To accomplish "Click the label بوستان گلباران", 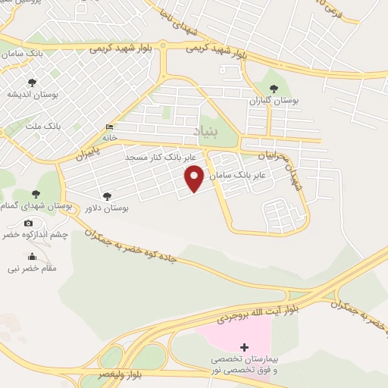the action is (x=276, y=100).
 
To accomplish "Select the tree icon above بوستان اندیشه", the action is (x=31, y=83).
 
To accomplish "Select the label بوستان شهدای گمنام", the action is (x=31, y=206).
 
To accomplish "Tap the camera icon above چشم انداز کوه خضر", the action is (x=29, y=223).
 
